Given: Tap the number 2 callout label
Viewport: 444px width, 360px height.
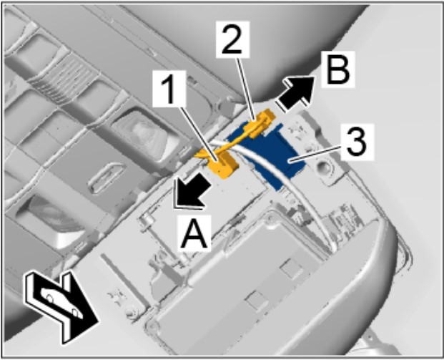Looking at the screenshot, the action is coord(232,40).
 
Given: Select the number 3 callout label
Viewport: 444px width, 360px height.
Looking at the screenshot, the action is coord(357,142).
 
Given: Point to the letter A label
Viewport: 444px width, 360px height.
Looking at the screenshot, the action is coord(194,233).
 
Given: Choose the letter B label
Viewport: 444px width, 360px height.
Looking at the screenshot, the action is coord(337,70).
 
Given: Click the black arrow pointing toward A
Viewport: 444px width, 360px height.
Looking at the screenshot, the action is coord(192,191).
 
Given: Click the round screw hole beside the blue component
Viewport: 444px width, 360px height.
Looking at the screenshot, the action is coord(324,167).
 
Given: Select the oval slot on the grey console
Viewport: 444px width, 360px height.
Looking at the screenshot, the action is coord(105,178).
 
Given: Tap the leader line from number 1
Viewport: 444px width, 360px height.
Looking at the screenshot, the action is coord(199,133).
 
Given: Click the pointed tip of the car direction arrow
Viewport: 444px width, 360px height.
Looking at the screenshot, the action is coord(99,322).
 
